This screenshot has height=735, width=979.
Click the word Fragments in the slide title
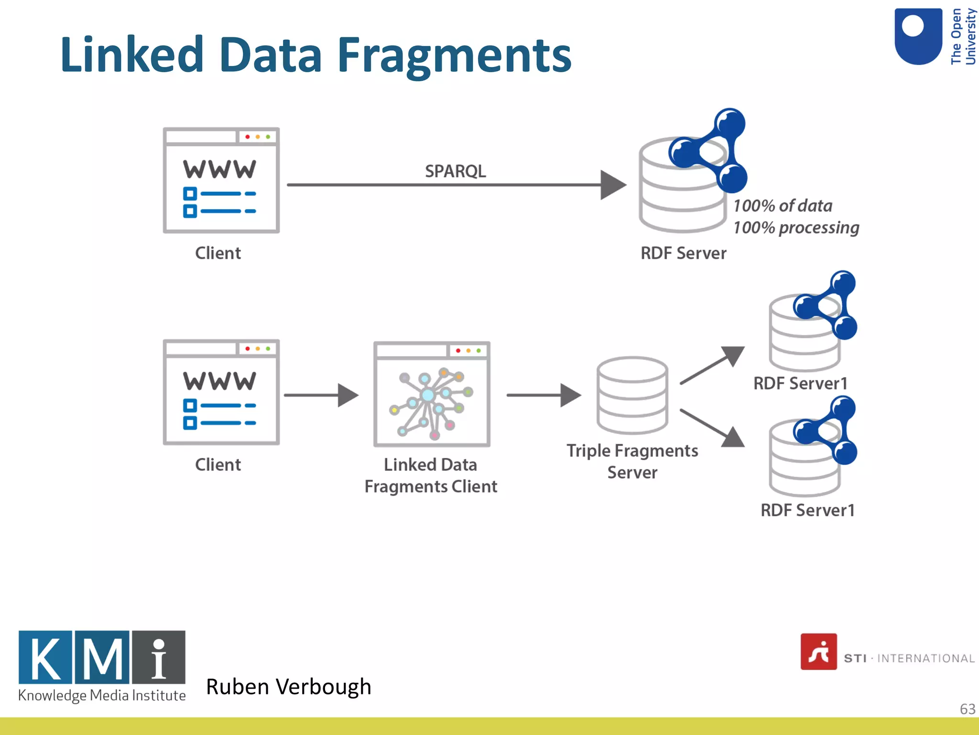click(454, 55)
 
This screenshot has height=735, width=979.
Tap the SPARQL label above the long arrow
click(455, 171)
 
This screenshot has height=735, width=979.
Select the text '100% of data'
click(783, 206)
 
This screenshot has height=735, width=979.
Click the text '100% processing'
click(796, 228)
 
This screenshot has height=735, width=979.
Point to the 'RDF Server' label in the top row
click(683, 253)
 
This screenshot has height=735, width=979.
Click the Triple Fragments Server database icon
click(632, 395)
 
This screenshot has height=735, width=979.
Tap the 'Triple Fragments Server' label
click(632, 461)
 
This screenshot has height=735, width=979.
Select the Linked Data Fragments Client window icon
click(432, 394)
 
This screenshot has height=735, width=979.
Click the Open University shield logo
click(918, 36)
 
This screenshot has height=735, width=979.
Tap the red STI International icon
click(818, 652)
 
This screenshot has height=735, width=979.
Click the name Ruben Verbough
click(288, 687)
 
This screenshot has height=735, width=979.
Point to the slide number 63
click(967, 709)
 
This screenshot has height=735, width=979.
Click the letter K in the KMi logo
click(46, 657)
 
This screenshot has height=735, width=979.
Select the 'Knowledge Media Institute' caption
click(102, 695)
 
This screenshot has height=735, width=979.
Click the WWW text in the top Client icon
click(219, 169)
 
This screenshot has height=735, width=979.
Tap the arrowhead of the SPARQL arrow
click(612, 185)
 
